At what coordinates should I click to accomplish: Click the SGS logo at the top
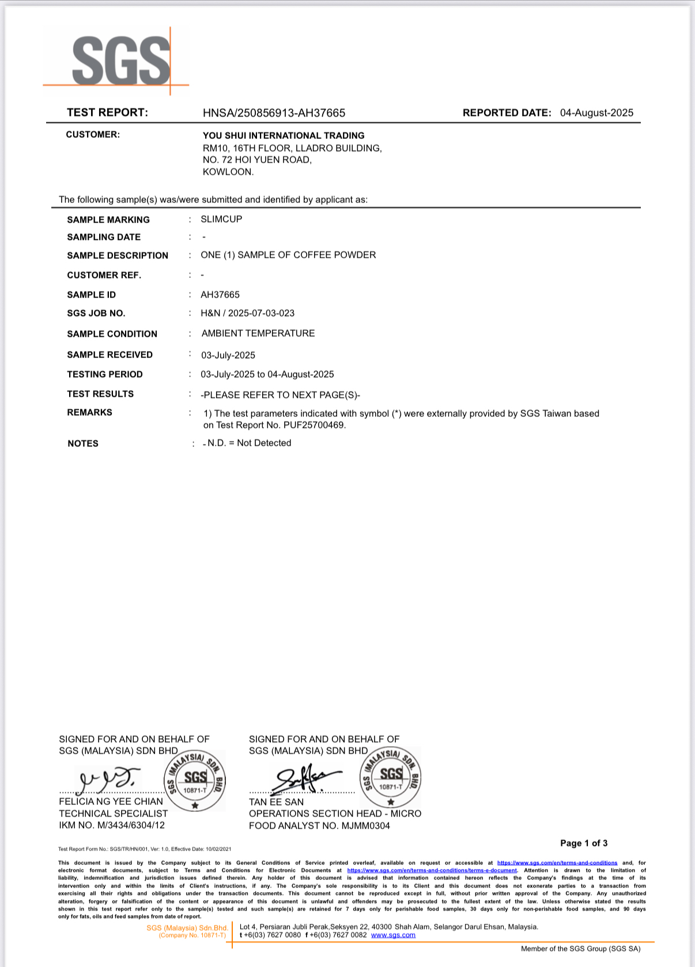point(121,60)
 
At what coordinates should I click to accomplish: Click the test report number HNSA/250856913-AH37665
point(274,113)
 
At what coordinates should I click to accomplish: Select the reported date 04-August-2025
point(596,113)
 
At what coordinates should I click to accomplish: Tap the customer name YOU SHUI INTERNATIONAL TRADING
point(284,136)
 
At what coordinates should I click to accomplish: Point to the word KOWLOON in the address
point(228,172)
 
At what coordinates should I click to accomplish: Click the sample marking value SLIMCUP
point(221,219)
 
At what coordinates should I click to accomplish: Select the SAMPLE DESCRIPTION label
point(118,255)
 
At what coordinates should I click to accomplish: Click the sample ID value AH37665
point(220,295)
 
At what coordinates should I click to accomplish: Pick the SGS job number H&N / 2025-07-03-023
point(247,313)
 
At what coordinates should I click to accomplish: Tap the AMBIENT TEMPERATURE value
point(258,333)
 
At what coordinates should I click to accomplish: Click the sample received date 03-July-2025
point(228,355)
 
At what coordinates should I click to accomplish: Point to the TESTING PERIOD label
point(105,374)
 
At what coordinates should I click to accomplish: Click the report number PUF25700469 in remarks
point(314,425)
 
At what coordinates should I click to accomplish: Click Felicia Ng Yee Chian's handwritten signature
point(109,779)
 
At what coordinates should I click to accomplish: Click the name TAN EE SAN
point(276,802)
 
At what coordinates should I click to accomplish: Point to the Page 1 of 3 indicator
point(584,843)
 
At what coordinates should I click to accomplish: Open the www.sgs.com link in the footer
point(393,935)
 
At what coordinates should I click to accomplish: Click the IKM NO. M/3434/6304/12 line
point(112,825)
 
